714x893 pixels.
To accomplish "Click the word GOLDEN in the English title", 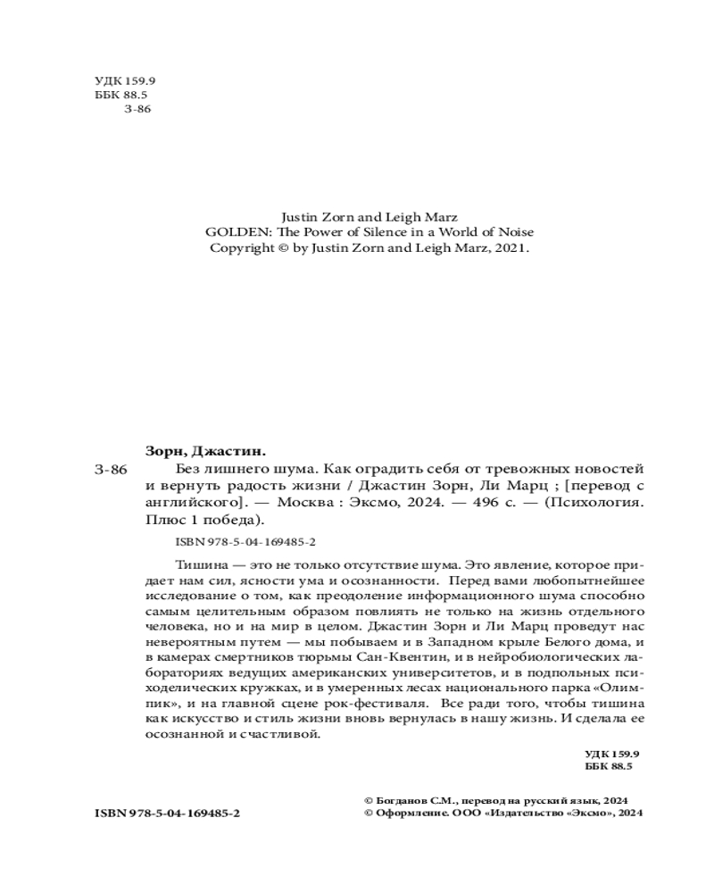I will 231,232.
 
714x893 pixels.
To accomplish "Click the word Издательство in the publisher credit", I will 542,814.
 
